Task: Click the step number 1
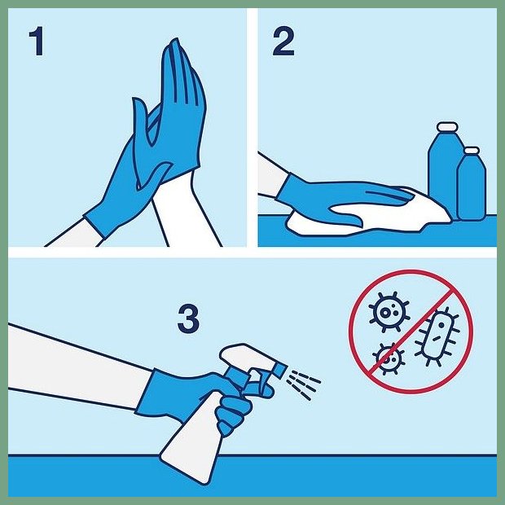(x=37, y=41)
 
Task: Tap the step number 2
(x=283, y=42)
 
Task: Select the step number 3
(x=188, y=318)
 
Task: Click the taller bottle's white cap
(x=447, y=126)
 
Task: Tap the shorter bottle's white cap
(x=472, y=151)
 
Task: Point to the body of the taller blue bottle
(x=443, y=171)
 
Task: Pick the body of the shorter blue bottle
(x=472, y=187)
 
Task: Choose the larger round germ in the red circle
(x=389, y=311)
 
